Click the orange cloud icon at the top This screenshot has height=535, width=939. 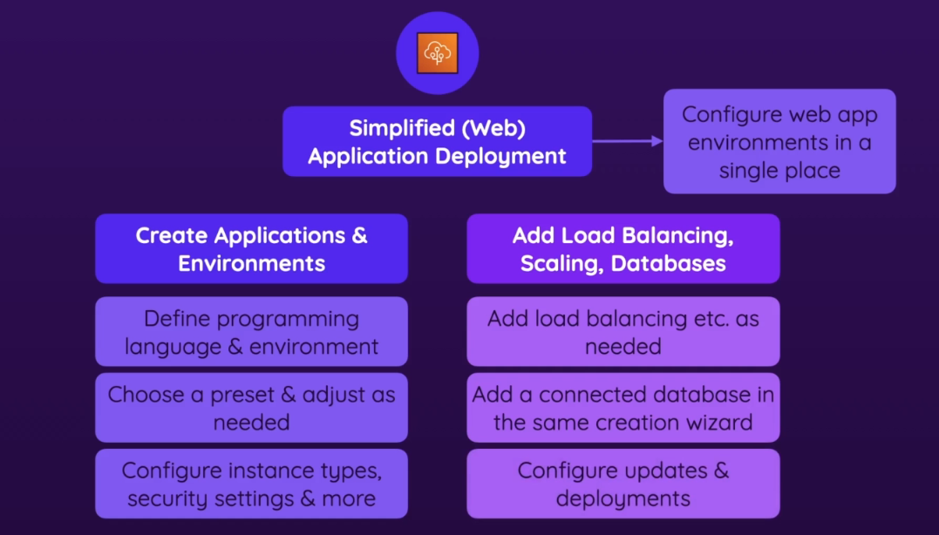[437, 52]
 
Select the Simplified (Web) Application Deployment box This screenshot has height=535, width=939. [437, 141]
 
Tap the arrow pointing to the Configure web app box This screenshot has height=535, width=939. [628, 141]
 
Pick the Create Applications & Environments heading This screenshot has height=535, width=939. [251, 249]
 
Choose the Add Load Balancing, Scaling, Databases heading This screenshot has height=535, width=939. [623, 249]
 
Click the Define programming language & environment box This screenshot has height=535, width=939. [251, 332]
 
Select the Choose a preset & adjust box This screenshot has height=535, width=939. [251, 408]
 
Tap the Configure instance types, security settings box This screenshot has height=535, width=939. [251, 484]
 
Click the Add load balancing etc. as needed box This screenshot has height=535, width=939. [623, 332]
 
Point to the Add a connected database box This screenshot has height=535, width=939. [623, 408]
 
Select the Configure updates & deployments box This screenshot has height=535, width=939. [623, 484]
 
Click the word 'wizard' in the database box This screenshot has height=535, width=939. [720, 423]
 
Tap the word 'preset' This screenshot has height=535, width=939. [236, 395]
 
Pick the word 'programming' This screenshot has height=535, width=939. [282, 318]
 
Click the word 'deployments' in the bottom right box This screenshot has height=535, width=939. [623, 498]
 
